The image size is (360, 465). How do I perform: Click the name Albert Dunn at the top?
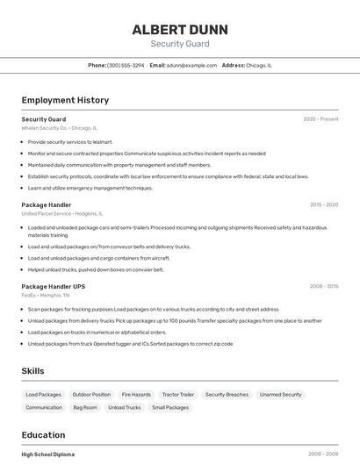point(179,29)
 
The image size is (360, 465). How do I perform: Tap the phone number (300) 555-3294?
point(126,65)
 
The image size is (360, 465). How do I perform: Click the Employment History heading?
point(65,100)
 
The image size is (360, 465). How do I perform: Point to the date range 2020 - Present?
point(320,119)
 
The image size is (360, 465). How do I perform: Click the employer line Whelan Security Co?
point(60,128)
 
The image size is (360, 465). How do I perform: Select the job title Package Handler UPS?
point(54,286)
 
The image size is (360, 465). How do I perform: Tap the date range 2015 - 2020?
point(324,204)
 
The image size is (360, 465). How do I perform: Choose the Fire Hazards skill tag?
point(136,395)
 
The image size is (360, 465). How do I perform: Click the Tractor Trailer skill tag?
point(178,395)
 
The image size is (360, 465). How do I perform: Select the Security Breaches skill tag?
point(227,395)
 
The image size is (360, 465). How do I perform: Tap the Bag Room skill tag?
point(85,407)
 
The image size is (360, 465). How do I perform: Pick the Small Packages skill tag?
point(170,407)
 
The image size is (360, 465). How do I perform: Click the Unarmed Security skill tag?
point(280,395)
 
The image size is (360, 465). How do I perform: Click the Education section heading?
point(43,435)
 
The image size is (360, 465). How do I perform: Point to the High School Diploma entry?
point(48,454)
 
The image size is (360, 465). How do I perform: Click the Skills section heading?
point(33,371)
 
